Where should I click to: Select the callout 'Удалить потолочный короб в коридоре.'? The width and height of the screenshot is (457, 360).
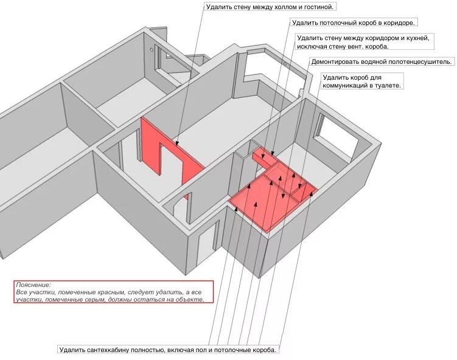pyautogui.click(x=353, y=23)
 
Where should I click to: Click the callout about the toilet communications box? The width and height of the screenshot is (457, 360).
pyautogui.click(x=361, y=81)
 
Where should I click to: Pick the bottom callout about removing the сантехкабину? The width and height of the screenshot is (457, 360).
pyautogui.click(x=168, y=350)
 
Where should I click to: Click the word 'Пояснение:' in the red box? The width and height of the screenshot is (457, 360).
pyautogui.click(x=34, y=285)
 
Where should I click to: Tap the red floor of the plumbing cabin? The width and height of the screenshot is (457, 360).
pyautogui.click(x=259, y=201)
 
